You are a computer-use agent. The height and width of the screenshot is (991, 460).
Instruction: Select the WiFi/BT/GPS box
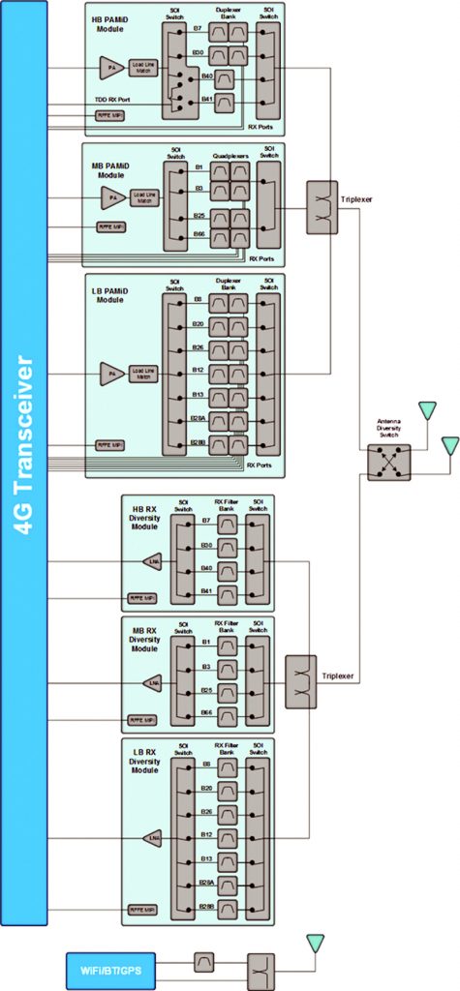click(110, 966)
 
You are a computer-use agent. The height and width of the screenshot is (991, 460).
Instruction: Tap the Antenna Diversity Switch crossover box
click(389, 463)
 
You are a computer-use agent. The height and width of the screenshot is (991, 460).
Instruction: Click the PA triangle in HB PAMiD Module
click(108, 67)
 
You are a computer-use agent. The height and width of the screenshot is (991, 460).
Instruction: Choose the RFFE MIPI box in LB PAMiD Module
click(108, 445)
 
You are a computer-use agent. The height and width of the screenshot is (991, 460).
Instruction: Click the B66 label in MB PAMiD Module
click(199, 233)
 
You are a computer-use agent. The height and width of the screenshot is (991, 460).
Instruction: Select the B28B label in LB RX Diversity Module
click(205, 906)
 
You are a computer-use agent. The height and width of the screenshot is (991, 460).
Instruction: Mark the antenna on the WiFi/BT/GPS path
click(317, 943)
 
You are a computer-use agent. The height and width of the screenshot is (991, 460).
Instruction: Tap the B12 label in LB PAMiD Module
click(198, 370)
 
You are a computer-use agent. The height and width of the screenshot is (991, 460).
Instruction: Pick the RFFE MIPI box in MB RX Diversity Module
click(141, 720)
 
